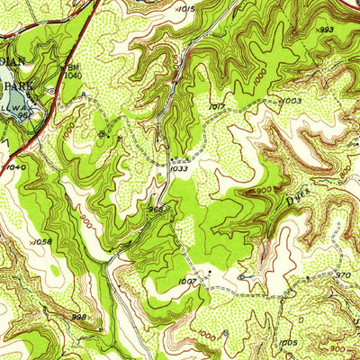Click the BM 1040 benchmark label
pos(72,72)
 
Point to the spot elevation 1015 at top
pos(186,8)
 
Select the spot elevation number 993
pos(326,30)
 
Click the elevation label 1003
pos(290,101)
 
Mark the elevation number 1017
pos(215,106)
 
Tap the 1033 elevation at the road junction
pos(177,166)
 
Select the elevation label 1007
pos(186,282)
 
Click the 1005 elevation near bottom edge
pos(288,342)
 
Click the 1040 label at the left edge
pos(15,166)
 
